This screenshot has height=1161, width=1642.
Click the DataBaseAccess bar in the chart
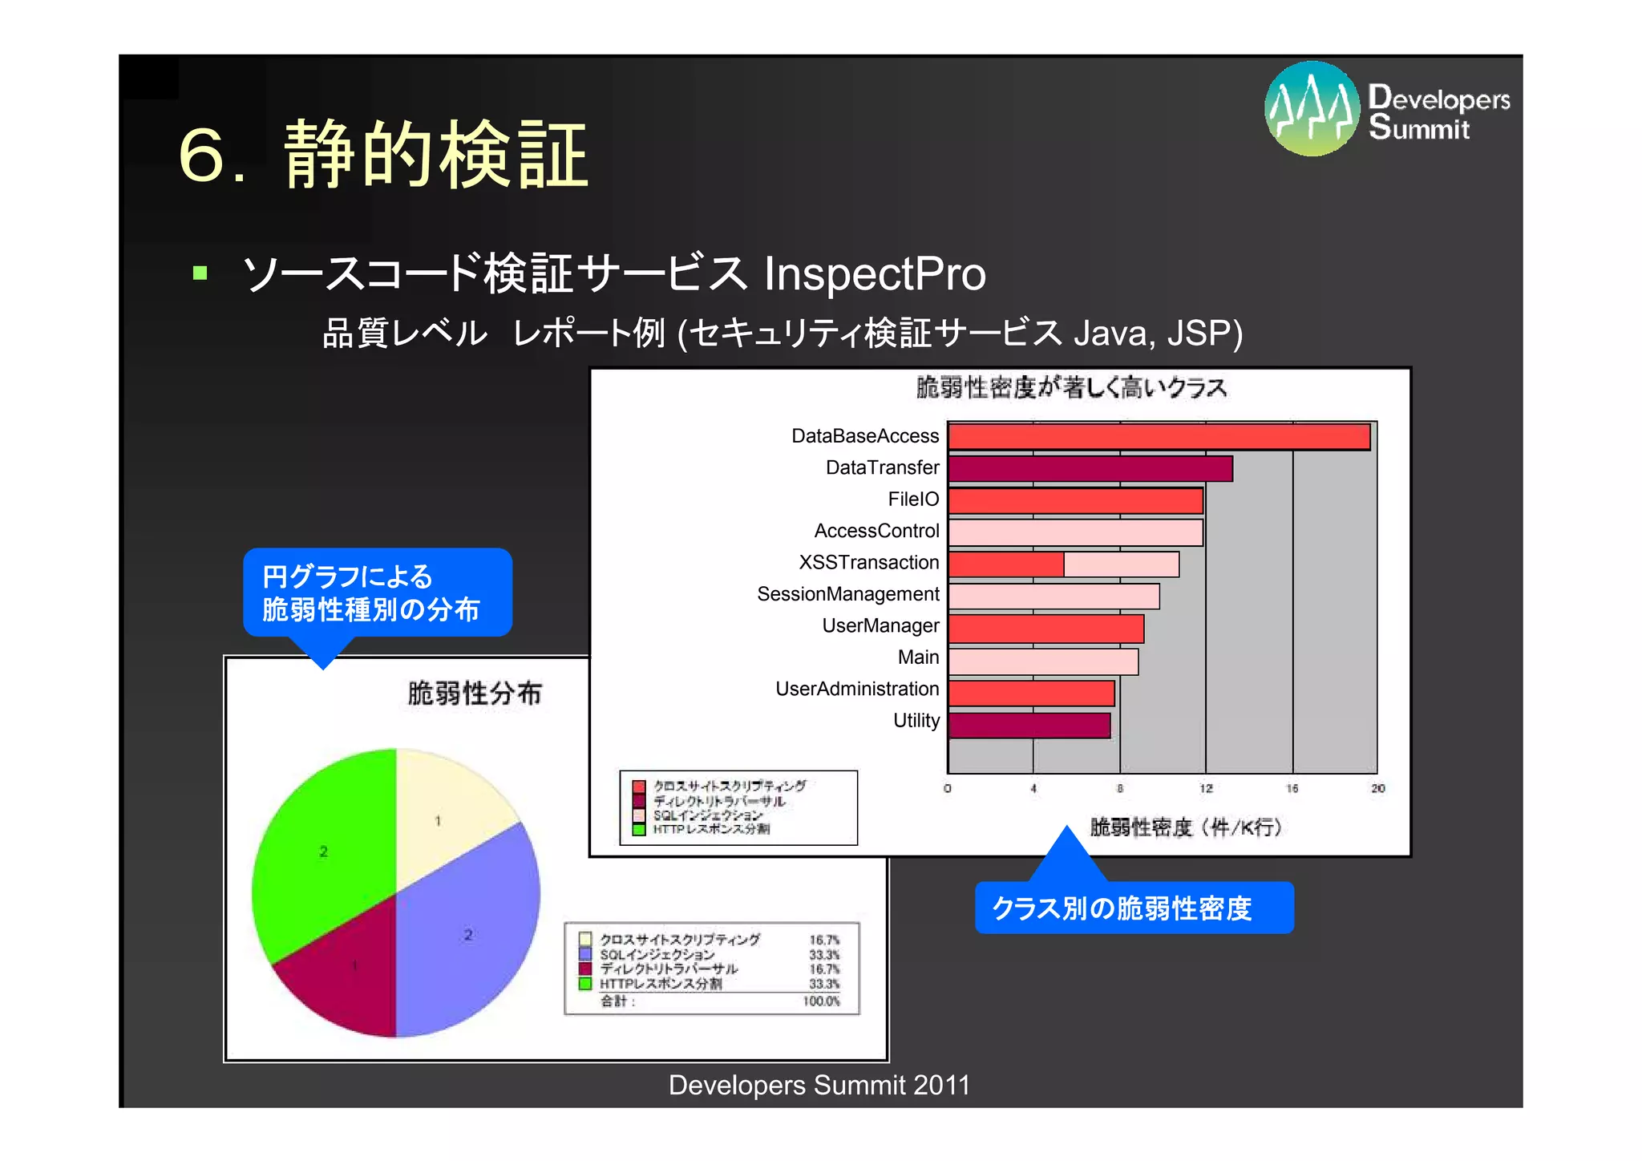pos(1159,437)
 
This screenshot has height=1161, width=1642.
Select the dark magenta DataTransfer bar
pos(1090,468)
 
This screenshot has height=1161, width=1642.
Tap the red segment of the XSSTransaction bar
pos(1006,564)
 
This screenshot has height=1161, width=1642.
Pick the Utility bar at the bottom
pos(1029,726)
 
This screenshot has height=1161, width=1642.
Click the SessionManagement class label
pos(848,594)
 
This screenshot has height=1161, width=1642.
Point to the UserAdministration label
pos(857,689)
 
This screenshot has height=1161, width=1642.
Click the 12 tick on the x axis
pos(1206,789)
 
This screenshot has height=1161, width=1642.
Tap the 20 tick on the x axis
pos(1377,789)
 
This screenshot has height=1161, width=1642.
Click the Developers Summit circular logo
pos(1312,108)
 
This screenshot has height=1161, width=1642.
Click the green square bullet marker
pos(200,273)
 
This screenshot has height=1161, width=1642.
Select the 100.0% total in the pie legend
pos(821,1001)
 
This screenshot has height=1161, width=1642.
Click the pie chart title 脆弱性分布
pos(475,693)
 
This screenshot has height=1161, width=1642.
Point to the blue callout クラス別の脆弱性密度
pos(1133,908)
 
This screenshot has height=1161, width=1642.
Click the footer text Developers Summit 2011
pos(819,1085)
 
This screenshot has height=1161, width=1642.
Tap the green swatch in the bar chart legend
pos(639,830)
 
